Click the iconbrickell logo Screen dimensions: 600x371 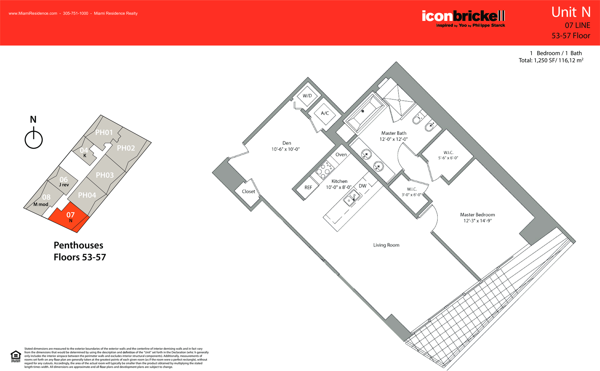463,19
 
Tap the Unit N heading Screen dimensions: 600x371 571,12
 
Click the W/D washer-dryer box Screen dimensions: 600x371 307,96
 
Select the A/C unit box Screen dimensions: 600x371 325,113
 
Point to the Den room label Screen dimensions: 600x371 287,143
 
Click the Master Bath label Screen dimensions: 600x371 394,133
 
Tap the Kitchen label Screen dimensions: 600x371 339,181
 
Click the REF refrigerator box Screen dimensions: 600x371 308,187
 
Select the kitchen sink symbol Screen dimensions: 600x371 352,198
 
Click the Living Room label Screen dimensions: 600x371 386,245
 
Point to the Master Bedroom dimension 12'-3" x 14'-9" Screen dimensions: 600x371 477,221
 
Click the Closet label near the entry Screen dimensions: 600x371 248,191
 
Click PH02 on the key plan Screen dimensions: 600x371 126,148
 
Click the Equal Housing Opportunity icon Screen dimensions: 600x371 16,356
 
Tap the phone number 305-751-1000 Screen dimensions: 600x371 75,13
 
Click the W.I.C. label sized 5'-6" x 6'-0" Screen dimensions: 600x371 448,155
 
